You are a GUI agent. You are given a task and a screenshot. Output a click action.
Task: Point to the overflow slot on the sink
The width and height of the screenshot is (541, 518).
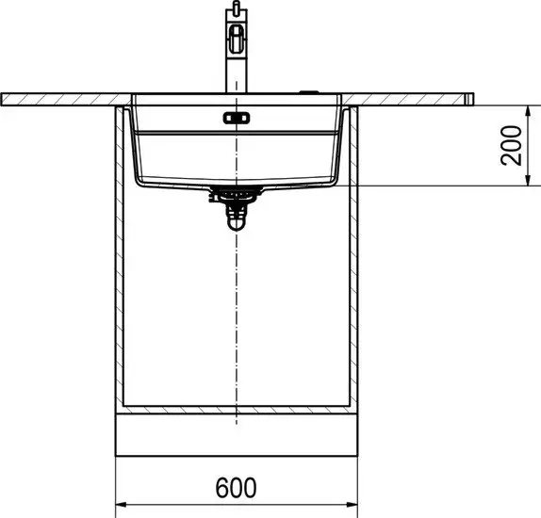pos(236,118)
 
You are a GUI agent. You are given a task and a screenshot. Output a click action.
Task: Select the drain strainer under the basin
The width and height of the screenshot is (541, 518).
pos(236,193)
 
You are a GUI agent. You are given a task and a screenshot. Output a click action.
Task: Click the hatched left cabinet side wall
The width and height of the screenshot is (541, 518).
pos(120,254)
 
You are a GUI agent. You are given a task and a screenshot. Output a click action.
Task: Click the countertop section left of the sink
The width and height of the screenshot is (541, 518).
pos(66,99)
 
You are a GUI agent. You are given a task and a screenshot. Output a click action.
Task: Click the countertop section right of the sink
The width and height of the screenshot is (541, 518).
pos(415,99)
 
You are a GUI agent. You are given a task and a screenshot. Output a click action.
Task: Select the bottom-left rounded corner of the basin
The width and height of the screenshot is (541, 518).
pos(139,179)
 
